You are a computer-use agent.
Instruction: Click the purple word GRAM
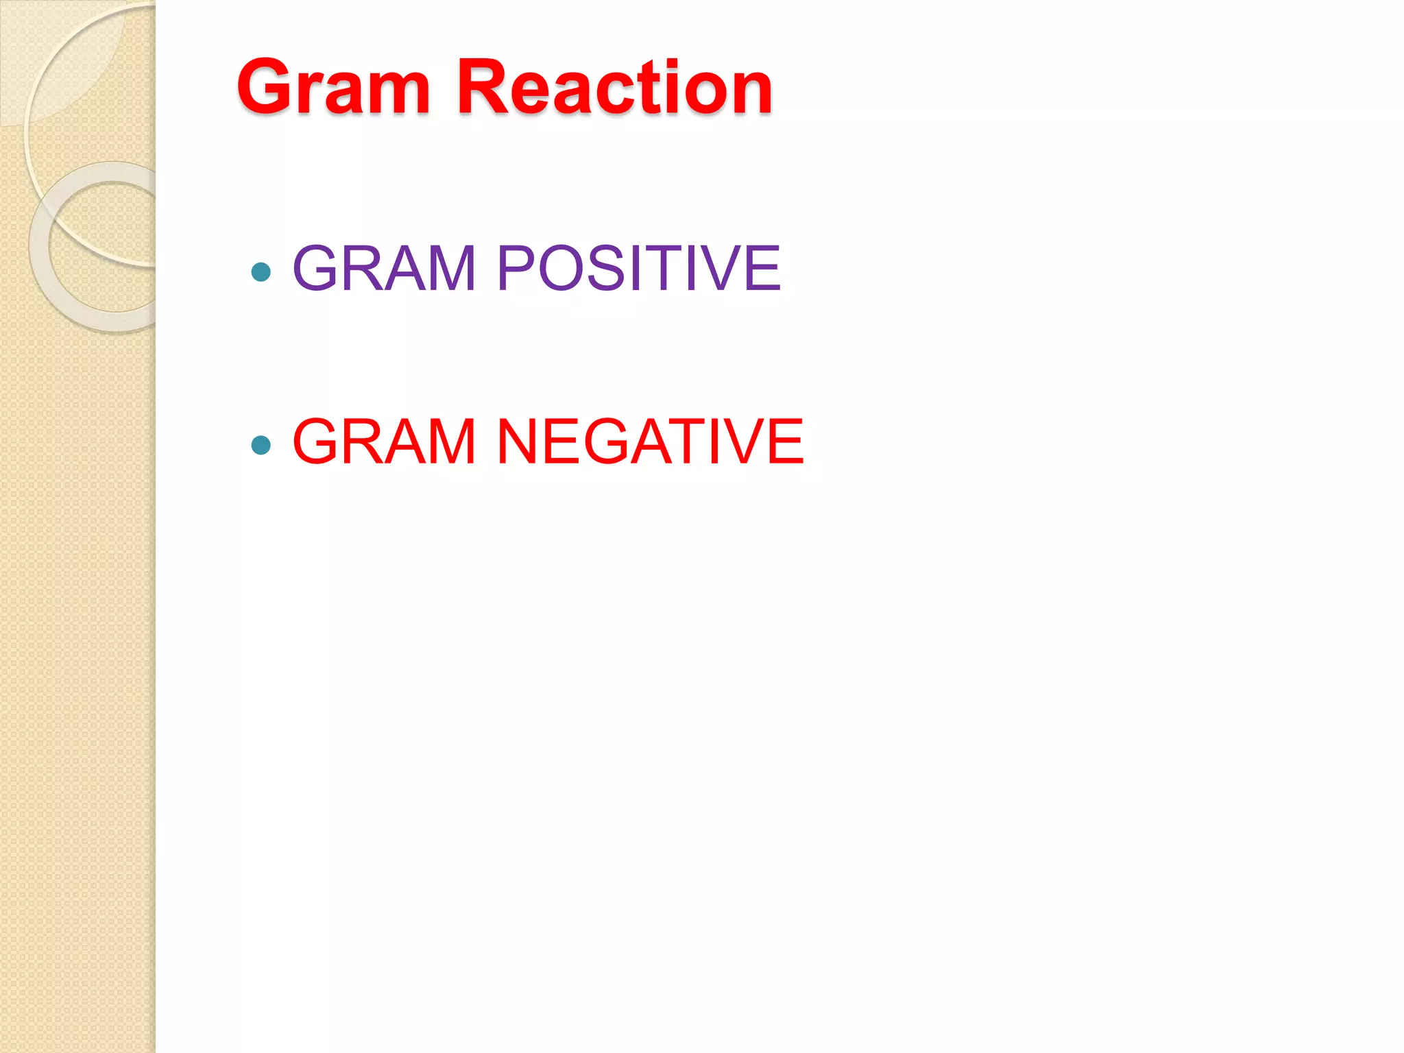pyautogui.click(x=384, y=268)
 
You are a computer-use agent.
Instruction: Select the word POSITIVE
pyautogui.click(x=638, y=268)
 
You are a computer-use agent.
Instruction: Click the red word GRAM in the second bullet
pyautogui.click(x=384, y=441)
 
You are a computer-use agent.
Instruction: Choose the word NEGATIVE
pyautogui.click(x=650, y=441)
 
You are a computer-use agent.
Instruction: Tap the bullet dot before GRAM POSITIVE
pyautogui.click(x=261, y=272)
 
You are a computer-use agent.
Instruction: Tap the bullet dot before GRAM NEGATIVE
pyautogui.click(x=261, y=446)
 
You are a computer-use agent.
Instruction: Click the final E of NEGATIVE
pyautogui.click(x=785, y=441)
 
